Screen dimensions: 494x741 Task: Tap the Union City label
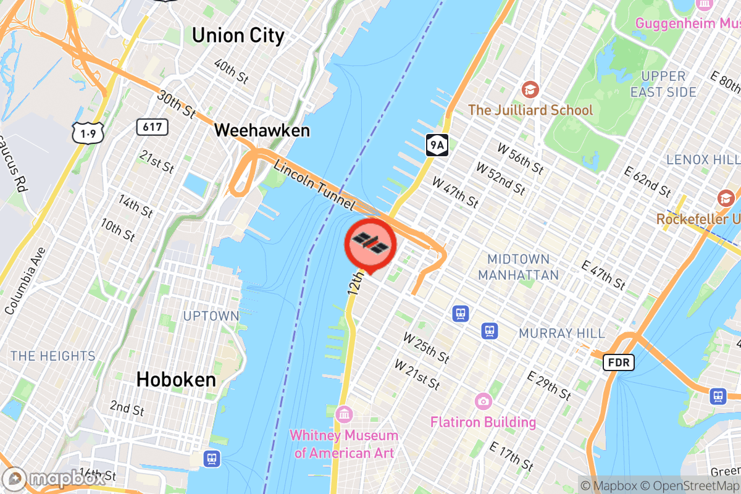[238, 35]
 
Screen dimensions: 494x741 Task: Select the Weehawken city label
[262, 131]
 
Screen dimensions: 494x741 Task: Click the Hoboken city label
[176, 379]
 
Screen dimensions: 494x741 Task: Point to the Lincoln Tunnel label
[314, 185]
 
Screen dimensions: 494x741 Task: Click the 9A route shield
[437, 145]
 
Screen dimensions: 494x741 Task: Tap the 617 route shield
[152, 127]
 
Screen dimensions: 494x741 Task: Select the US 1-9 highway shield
[84, 132]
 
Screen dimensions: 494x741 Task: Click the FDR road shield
[618, 362]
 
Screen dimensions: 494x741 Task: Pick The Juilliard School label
[530, 110]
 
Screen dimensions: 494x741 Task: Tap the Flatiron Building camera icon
[483, 402]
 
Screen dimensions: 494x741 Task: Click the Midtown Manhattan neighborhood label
[518, 267]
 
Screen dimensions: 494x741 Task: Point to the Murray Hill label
[562, 333]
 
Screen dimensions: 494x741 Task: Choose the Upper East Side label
[664, 84]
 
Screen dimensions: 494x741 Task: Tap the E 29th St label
[549, 386]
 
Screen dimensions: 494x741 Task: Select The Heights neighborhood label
[53, 356]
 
